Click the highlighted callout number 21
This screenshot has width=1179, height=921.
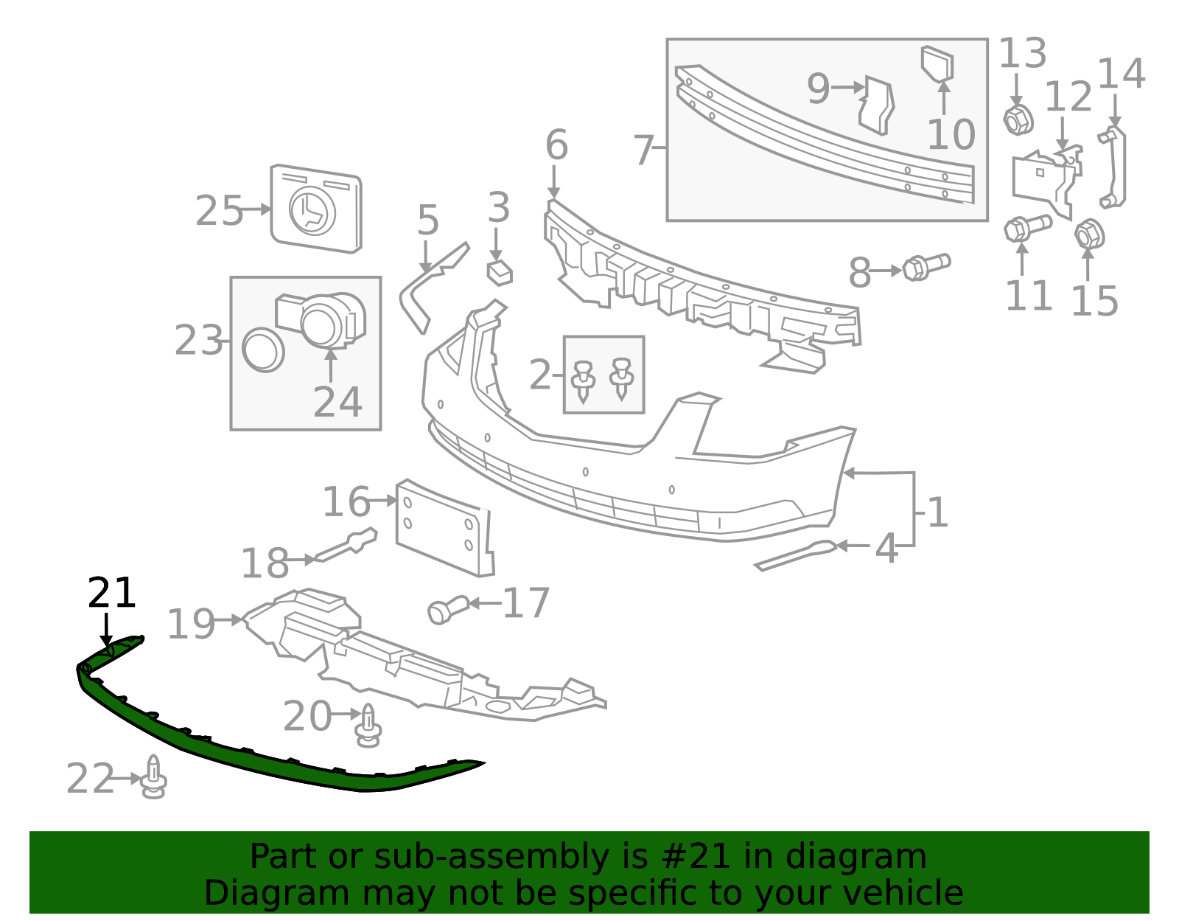click(x=111, y=593)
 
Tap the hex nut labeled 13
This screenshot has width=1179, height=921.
click(x=1018, y=120)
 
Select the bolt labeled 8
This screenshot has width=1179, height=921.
click(x=926, y=267)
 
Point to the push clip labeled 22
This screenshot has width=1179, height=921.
click(x=153, y=777)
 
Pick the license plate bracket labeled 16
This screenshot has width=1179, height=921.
click(x=445, y=528)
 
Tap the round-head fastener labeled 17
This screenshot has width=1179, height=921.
click(x=447, y=611)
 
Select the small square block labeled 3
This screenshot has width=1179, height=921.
click(x=499, y=272)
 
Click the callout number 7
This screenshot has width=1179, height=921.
click(x=643, y=150)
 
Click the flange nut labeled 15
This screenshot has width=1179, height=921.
click(x=1089, y=235)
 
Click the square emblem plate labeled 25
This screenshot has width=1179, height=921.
click(x=316, y=209)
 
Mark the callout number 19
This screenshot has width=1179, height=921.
click(x=191, y=624)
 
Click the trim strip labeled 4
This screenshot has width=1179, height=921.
click(x=796, y=556)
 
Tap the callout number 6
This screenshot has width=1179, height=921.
click(x=556, y=145)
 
